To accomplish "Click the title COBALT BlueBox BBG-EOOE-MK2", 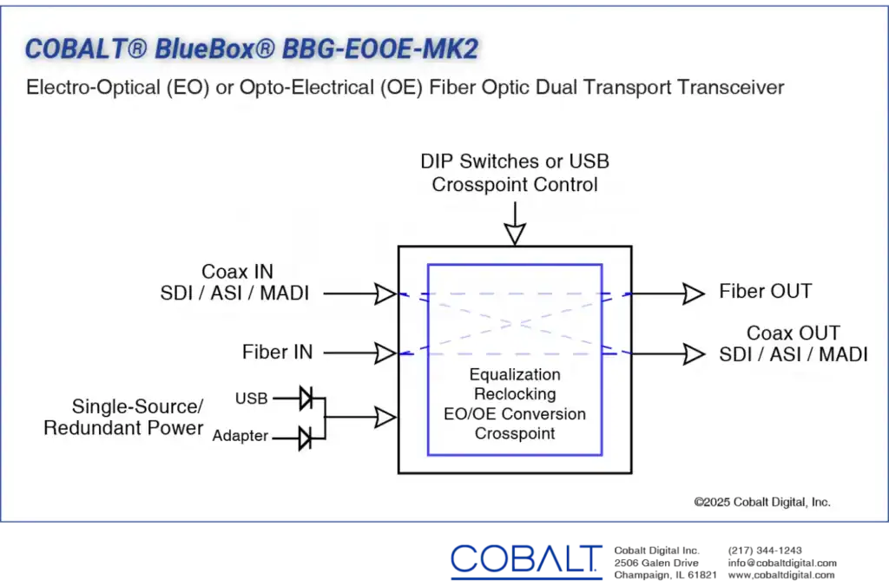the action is pyautogui.click(x=252, y=49).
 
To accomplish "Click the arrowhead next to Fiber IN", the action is pyautogui.click(x=385, y=353).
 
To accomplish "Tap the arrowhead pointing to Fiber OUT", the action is pyautogui.click(x=694, y=293).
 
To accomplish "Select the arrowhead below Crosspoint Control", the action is pyautogui.click(x=515, y=234).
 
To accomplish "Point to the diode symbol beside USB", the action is pyautogui.click(x=306, y=399).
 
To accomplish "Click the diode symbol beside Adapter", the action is pyautogui.click(x=305, y=439).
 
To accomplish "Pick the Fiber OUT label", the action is pyautogui.click(x=766, y=291).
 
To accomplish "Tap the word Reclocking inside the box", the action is pyautogui.click(x=515, y=393).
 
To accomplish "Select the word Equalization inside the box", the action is pyautogui.click(x=515, y=374).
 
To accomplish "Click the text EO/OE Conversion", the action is pyautogui.click(x=515, y=413).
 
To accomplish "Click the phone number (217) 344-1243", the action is pyautogui.click(x=765, y=551).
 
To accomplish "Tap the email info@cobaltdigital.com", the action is pyautogui.click(x=782, y=563).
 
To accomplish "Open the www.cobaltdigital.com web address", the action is pyautogui.click(x=781, y=575).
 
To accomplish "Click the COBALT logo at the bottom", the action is pyautogui.click(x=526, y=560).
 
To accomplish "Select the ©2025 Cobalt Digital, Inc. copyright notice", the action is pyautogui.click(x=762, y=502).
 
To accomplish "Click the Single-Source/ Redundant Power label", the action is pyautogui.click(x=123, y=417).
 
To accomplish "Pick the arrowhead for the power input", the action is pyautogui.click(x=385, y=418).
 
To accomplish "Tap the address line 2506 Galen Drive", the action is pyautogui.click(x=656, y=563).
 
